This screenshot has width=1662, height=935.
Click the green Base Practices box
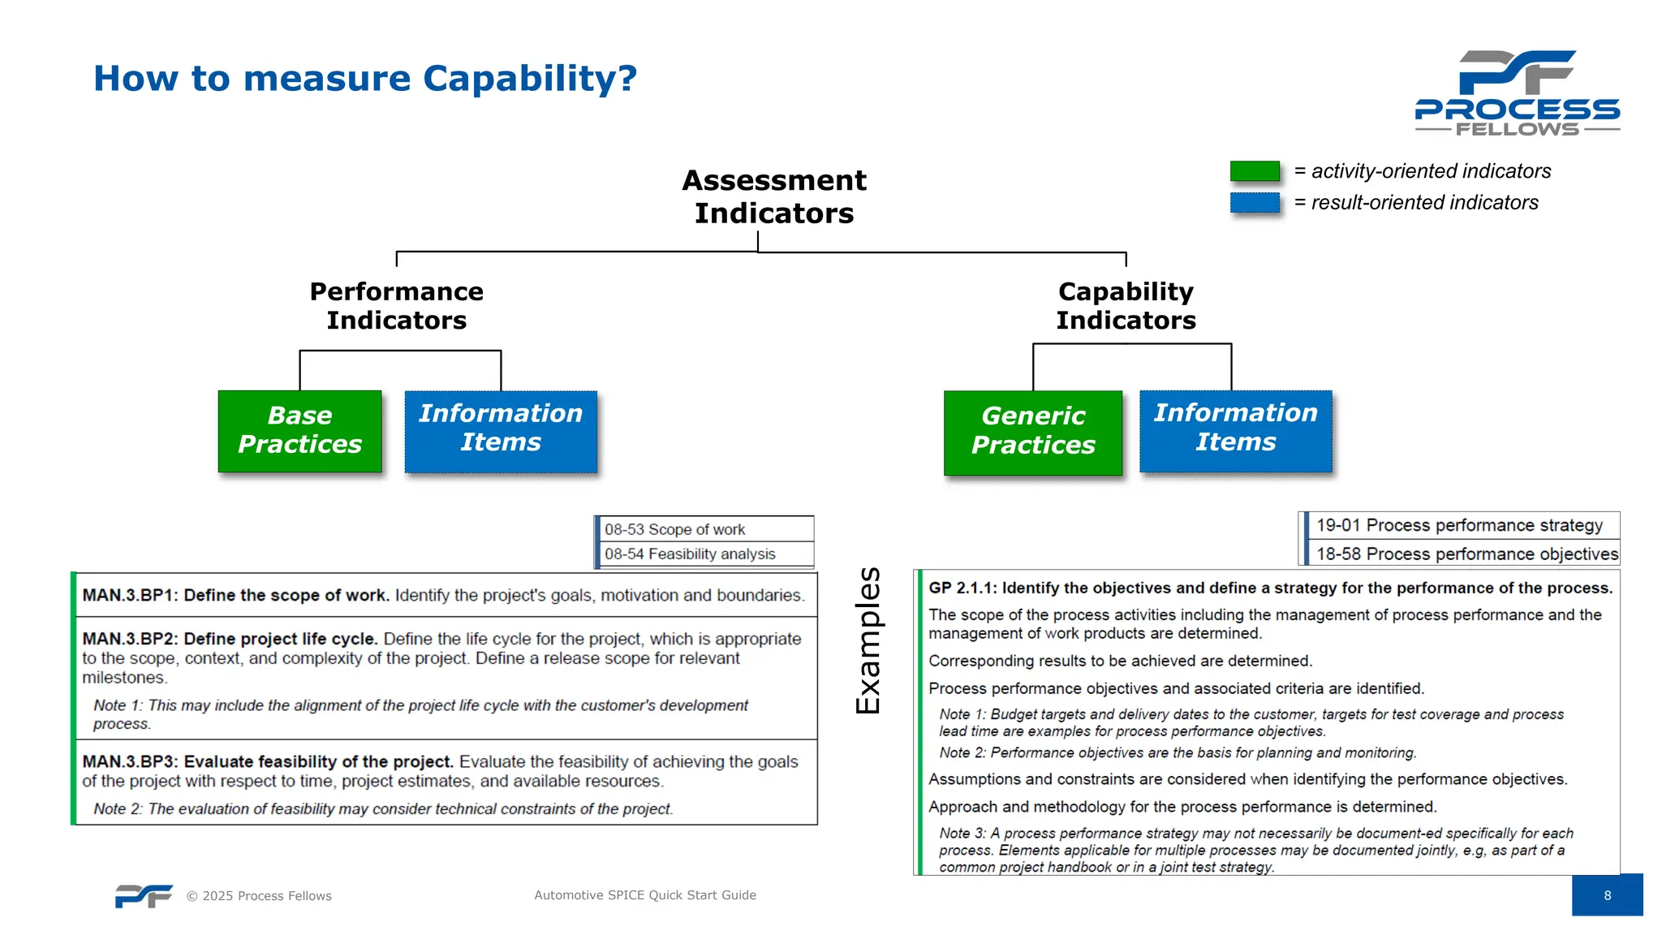pos(299,431)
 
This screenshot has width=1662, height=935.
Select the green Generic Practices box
pos(1032,432)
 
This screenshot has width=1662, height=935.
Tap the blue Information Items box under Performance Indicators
pos(501,430)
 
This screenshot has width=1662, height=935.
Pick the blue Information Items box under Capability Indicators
pos(1235,429)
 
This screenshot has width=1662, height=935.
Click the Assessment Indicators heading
pos(773,196)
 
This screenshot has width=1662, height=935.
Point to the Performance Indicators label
pos(396,306)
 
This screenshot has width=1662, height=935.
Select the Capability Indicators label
pos(1126,306)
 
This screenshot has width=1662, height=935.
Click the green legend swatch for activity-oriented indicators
pos(1254,171)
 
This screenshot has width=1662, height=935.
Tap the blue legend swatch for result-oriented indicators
pos(1254,202)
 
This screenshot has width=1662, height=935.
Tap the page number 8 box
pos(1607,895)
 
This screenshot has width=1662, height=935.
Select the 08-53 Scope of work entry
pos(675,529)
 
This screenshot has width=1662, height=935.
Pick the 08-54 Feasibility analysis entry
pos(690,554)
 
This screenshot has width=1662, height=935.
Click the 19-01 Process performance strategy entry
pos(1459,525)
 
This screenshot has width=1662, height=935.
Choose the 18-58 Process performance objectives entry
pos(1466,554)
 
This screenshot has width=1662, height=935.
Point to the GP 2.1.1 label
pos(962,588)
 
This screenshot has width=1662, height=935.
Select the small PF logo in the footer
pos(144,895)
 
